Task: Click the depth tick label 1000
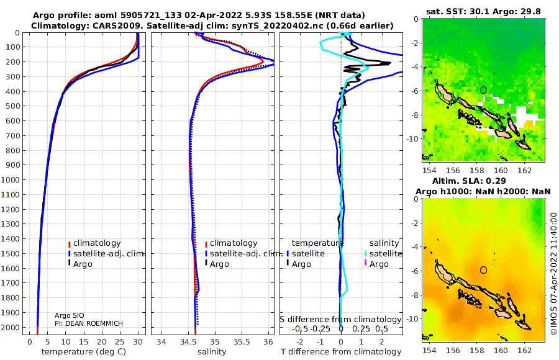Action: click(10, 179)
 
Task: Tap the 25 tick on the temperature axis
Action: click(120, 342)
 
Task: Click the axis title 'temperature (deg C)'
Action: click(84, 352)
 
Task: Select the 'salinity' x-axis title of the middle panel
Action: click(212, 352)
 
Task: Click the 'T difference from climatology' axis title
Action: click(341, 352)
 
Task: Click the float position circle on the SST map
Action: click(483, 90)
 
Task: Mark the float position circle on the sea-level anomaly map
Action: click(483, 270)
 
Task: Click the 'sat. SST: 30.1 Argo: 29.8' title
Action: click(483, 11)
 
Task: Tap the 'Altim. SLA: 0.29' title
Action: click(469, 181)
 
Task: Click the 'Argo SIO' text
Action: click(70, 315)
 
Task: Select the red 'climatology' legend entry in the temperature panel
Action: click(94, 243)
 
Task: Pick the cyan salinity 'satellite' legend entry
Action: click(383, 254)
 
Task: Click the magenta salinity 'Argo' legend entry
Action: click(376, 264)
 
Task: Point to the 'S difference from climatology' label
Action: click(340, 320)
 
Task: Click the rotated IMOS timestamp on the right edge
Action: click(553, 273)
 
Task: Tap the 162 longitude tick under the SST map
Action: click(524, 171)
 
